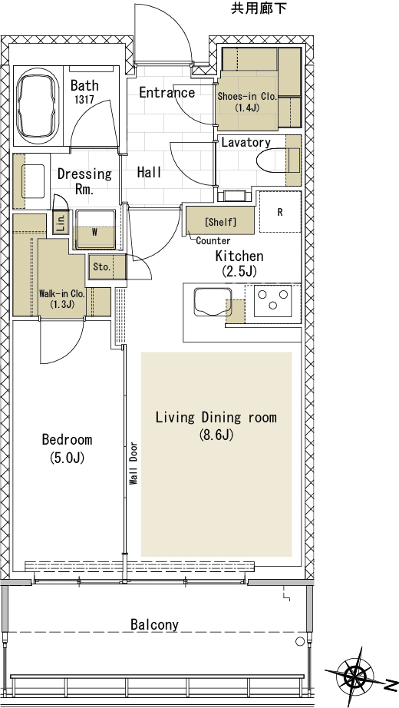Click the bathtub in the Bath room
click(x=38, y=106)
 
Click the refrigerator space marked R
click(x=280, y=212)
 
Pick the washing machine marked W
click(x=95, y=229)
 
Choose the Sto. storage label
click(x=101, y=267)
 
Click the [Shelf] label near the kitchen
click(x=220, y=222)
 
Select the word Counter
click(x=213, y=241)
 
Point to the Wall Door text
click(x=134, y=463)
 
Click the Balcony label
click(x=154, y=625)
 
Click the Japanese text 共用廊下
click(x=259, y=8)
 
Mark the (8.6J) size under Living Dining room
click(x=216, y=435)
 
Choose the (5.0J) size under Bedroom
click(x=68, y=458)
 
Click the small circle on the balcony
click(x=300, y=641)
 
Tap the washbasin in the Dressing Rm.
click(x=32, y=181)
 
